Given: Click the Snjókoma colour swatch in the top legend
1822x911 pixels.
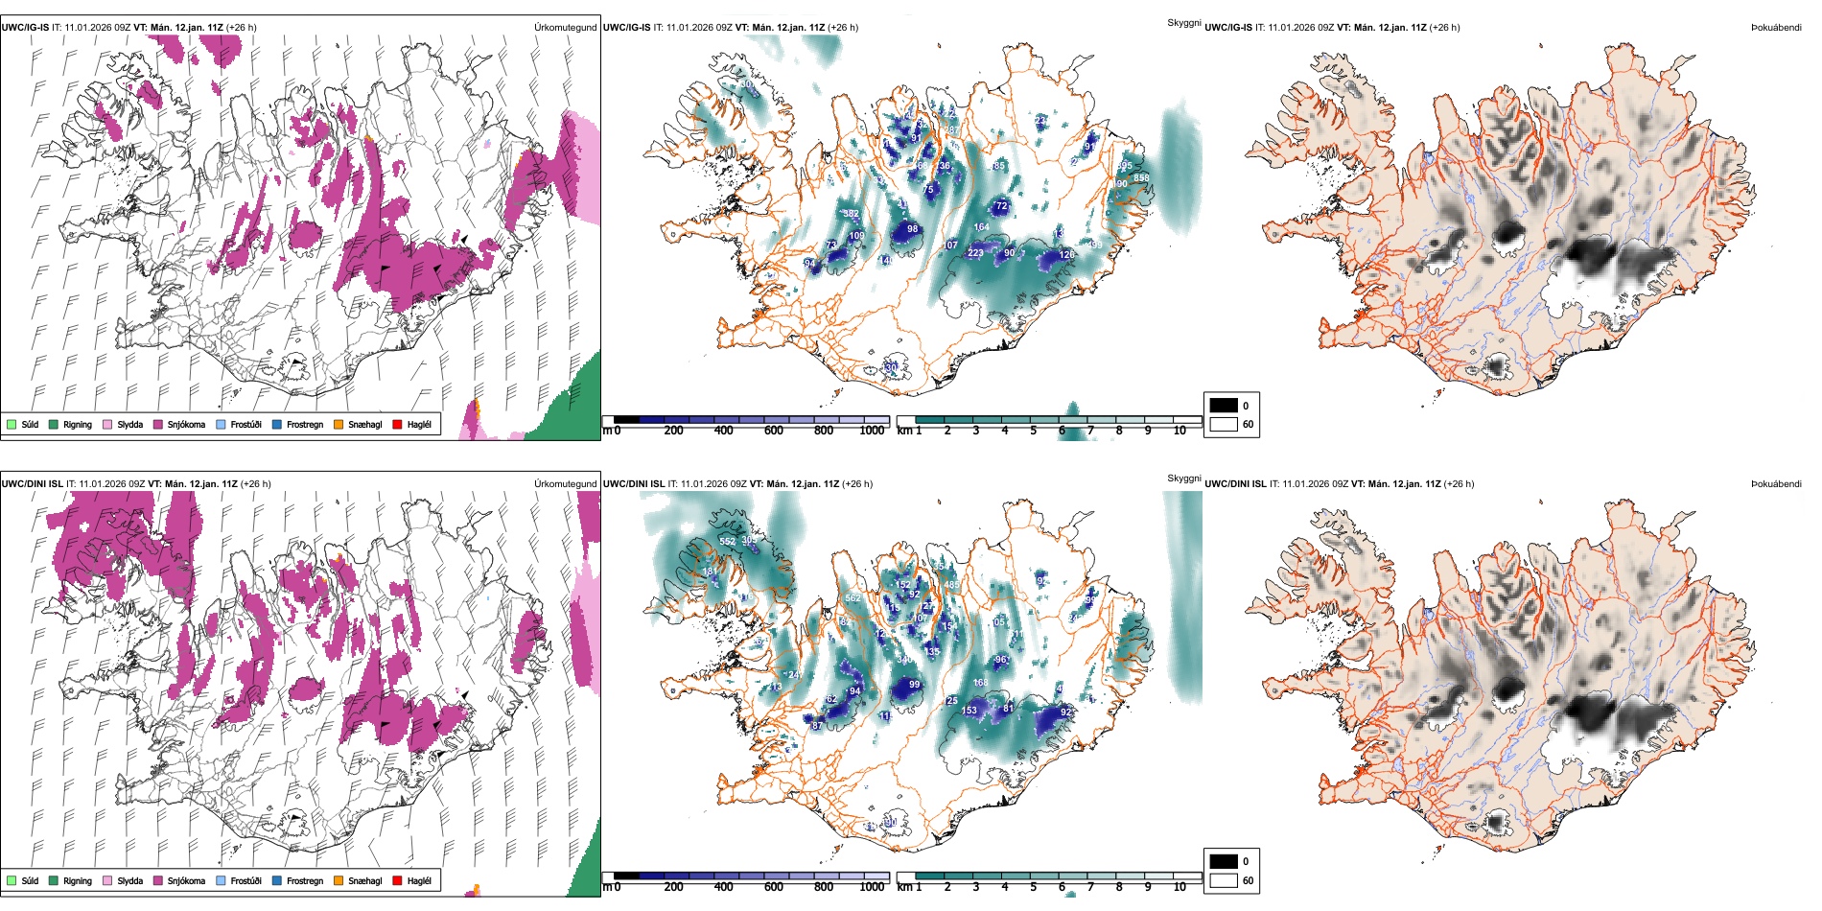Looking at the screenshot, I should click(158, 424).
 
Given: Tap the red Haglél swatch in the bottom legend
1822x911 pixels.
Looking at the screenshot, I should click(398, 880).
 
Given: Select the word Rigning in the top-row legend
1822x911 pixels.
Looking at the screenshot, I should click(78, 424).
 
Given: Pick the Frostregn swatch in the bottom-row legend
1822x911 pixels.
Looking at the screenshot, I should click(277, 880).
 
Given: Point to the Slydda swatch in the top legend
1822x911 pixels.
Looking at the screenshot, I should click(107, 424).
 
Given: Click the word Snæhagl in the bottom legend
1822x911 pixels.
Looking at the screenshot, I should click(364, 880).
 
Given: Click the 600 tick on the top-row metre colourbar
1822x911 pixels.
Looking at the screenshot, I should click(774, 431).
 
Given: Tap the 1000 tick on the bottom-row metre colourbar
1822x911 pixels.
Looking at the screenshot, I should click(872, 887).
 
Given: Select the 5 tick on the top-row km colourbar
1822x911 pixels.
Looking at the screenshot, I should click(1034, 431).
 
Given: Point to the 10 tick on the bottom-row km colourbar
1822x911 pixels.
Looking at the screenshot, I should click(1180, 887).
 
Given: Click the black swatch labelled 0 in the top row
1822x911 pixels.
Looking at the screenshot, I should click(1224, 406).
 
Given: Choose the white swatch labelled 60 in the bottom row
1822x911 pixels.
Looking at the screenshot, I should click(1224, 880).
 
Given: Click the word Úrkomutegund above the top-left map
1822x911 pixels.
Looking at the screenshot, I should click(566, 27).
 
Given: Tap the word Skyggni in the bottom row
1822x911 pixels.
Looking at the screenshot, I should click(1184, 478).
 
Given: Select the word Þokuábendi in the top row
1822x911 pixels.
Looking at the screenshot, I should click(1776, 27).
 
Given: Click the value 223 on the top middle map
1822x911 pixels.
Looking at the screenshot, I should click(975, 253).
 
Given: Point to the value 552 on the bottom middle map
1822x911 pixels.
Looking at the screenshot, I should click(728, 542).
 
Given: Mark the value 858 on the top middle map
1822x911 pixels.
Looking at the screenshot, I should click(1141, 178).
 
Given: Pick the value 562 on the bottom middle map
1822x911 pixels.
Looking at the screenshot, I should click(853, 598).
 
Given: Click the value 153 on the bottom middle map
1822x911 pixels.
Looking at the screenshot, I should click(969, 711).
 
